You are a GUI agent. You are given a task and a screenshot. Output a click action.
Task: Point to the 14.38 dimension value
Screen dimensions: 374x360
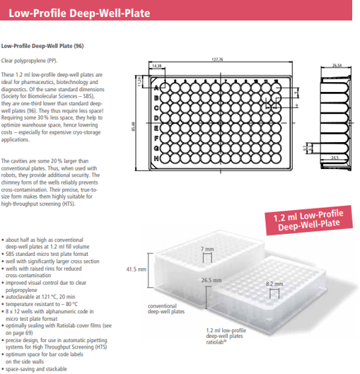click(156, 66)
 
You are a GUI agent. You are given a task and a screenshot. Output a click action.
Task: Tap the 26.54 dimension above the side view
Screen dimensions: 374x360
click(337, 65)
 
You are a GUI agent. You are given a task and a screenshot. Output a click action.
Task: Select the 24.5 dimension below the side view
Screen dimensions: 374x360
click(335, 157)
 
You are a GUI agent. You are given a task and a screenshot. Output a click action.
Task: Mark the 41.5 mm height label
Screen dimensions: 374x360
click(135, 269)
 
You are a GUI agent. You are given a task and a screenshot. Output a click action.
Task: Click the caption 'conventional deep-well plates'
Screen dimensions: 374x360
click(166, 309)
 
